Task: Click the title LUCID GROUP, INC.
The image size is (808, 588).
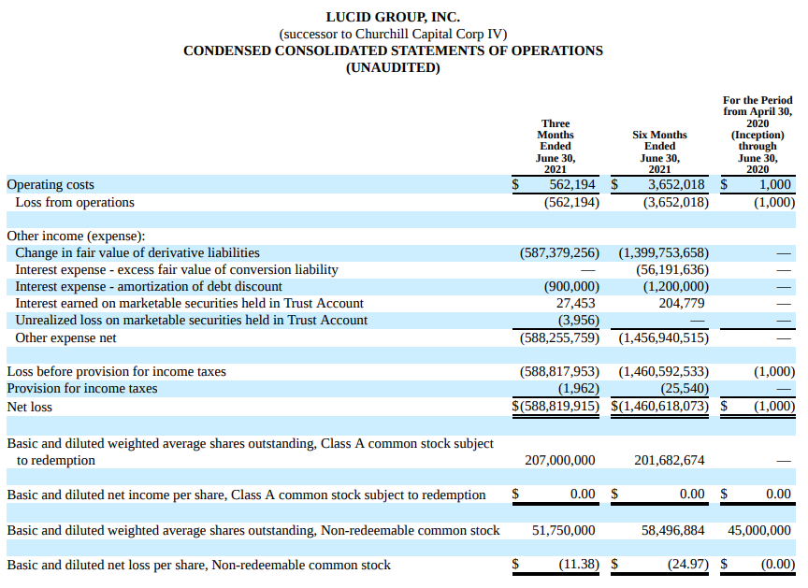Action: click(x=393, y=17)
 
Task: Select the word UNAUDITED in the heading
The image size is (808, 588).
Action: click(x=393, y=67)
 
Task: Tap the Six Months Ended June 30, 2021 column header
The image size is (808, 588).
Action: click(x=659, y=152)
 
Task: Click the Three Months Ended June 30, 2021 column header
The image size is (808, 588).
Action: click(x=555, y=147)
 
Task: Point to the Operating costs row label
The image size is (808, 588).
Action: click(x=50, y=185)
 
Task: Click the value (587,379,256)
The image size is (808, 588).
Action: click(x=559, y=252)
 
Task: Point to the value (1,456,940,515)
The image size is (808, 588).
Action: click(x=664, y=337)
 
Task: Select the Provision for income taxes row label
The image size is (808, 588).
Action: click(x=82, y=388)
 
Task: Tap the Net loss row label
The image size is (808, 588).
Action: click(x=30, y=407)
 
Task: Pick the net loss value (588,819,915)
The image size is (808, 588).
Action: click(x=559, y=407)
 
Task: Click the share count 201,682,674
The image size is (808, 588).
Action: click(x=669, y=460)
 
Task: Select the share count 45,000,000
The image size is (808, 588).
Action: click(x=759, y=530)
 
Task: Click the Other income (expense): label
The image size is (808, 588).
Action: click(x=76, y=237)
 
